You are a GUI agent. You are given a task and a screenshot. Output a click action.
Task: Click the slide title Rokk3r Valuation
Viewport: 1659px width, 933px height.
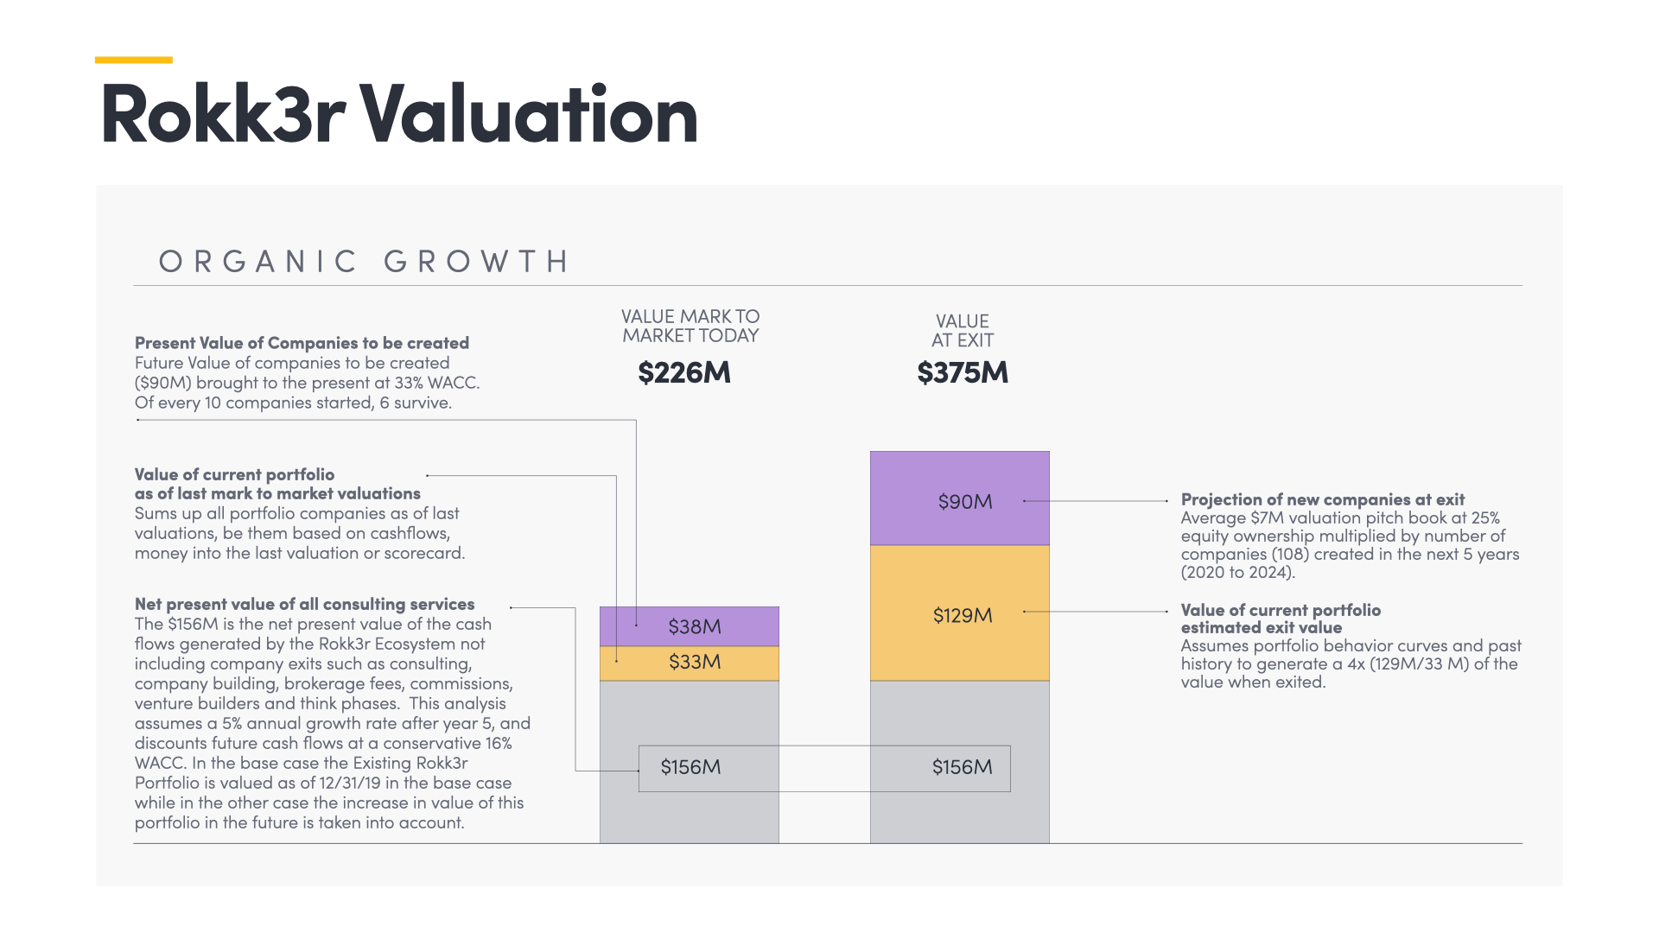coord(398,114)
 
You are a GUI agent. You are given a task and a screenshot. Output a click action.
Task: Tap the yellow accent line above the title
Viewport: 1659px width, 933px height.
coord(133,60)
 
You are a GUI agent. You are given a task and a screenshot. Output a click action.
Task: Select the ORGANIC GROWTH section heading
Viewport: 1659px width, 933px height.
coord(364,261)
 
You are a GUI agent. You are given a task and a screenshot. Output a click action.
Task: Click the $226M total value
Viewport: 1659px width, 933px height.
coord(684,372)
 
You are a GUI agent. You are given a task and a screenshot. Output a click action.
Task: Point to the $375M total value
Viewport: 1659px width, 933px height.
coord(963,372)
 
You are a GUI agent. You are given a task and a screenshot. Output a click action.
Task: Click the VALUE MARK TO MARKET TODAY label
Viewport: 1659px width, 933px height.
coord(690,327)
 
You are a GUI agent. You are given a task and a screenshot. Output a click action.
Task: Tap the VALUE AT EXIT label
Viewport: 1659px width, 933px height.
coord(963,331)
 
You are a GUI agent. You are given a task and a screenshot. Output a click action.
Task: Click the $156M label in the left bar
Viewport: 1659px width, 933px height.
coord(690,767)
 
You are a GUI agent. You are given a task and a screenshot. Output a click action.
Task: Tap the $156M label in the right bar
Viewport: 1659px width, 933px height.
coord(962,767)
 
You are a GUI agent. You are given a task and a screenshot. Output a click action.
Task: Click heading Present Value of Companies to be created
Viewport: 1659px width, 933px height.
coord(302,343)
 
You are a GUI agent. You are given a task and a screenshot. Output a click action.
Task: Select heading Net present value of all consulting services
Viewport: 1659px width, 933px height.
coord(304,604)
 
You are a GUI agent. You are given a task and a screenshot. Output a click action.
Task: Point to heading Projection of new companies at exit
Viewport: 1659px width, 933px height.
coord(1322,499)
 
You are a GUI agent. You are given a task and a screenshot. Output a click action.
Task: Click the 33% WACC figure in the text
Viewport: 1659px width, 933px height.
coord(441,383)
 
